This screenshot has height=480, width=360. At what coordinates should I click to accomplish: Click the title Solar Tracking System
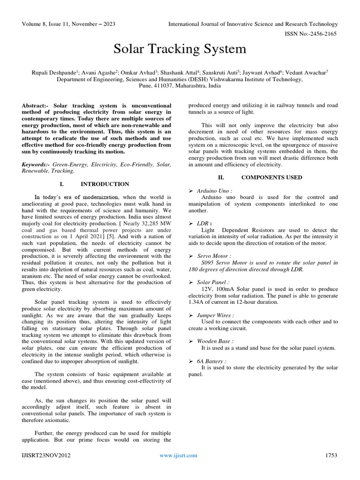tap(180, 49)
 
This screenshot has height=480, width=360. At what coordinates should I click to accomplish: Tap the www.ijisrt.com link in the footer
tap(178, 455)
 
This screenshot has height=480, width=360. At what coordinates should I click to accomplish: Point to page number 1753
tap(331, 455)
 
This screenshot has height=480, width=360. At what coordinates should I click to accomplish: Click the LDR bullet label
tap(203, 224)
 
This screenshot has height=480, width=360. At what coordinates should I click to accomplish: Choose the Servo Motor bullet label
tap(213, 256)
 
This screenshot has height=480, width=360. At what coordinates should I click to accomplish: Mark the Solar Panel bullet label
tap(213, 283)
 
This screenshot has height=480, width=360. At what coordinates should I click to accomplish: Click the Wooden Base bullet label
tap(215, 342)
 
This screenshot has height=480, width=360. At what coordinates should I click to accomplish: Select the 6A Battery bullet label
tap(211, 361)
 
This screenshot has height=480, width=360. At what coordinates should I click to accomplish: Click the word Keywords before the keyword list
tap(36, 165)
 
